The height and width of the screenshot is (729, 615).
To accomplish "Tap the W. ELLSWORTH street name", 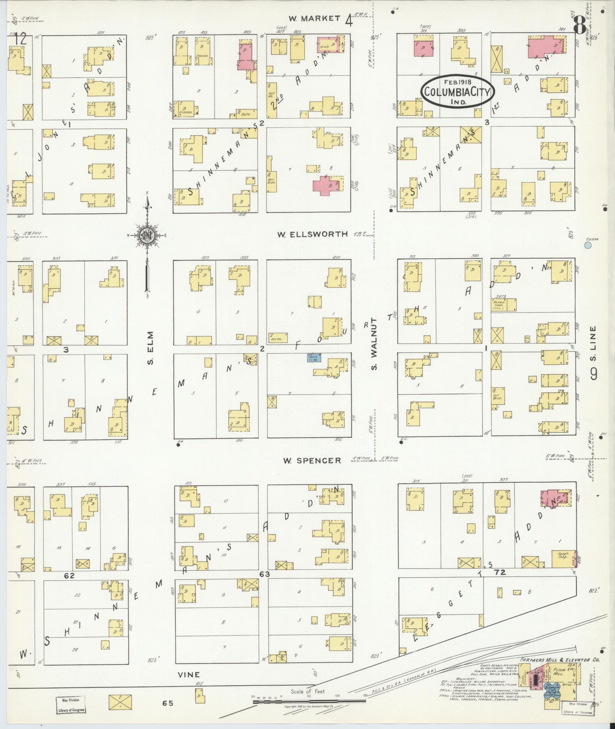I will pyautogui.click(x=313, y=234).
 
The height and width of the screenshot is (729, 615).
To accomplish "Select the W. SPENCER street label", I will pyautogui.click(x=312, y=460).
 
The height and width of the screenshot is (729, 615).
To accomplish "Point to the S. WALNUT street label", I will pyautogui.click(x=374, y=344).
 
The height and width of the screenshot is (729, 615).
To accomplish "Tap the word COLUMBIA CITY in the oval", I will pyautogui.click(x=458, y=92).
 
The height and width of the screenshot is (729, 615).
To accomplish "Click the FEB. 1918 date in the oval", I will pyautogui.click(x=458, y=82).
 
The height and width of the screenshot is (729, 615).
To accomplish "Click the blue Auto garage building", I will pyautogui.click(x=314, y=357).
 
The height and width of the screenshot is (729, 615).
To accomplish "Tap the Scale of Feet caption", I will pyautogui.click(x=307, y=691).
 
